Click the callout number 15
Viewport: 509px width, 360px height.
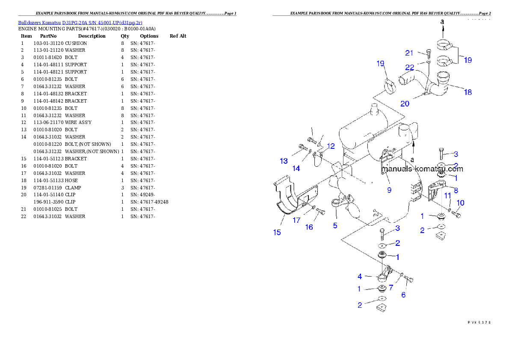pos(277,232)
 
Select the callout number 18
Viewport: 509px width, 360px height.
pos(468,92)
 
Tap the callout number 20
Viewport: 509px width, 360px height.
pos(405,103)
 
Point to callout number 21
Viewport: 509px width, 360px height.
pos(409,53)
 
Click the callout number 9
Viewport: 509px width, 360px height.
pos(389,190)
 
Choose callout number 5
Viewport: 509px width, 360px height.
pos(335,225)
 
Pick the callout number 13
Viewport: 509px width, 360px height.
pos(284,161)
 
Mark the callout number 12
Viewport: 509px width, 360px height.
pos(331,146)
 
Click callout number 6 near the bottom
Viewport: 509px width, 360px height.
pos(403,295)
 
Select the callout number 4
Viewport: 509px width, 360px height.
pos(360,277)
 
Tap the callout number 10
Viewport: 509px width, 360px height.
pos(461,203)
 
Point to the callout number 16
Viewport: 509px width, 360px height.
pos(309,227)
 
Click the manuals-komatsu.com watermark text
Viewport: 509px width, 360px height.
pos(422,168)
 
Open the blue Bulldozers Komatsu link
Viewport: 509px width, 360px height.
pos(80,22)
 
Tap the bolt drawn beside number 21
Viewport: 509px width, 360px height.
pos(429,53)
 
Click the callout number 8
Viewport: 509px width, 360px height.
pos(456,190)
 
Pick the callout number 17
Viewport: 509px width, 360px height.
pos(296,221)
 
